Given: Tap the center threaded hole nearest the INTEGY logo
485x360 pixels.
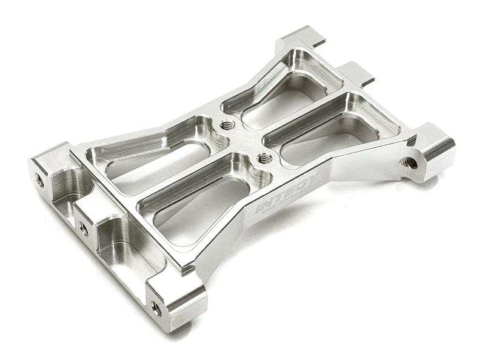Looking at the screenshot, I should point(264,159).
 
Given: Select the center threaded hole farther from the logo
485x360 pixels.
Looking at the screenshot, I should point(228,125).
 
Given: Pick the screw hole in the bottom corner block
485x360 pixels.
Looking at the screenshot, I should point(156,308).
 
